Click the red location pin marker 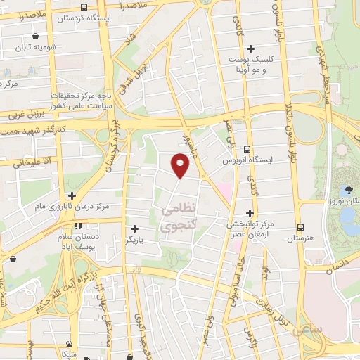(181, 165)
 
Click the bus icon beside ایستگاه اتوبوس (247, 148)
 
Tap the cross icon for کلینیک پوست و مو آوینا (250, 48)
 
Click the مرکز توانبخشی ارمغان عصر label (250, 229)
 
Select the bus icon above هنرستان (300, 227)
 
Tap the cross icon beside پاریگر (134, 229)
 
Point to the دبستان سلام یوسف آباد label (77, 243)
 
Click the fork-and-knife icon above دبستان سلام (77, 226)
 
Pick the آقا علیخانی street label (28, 162)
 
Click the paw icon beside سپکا (69, 345)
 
